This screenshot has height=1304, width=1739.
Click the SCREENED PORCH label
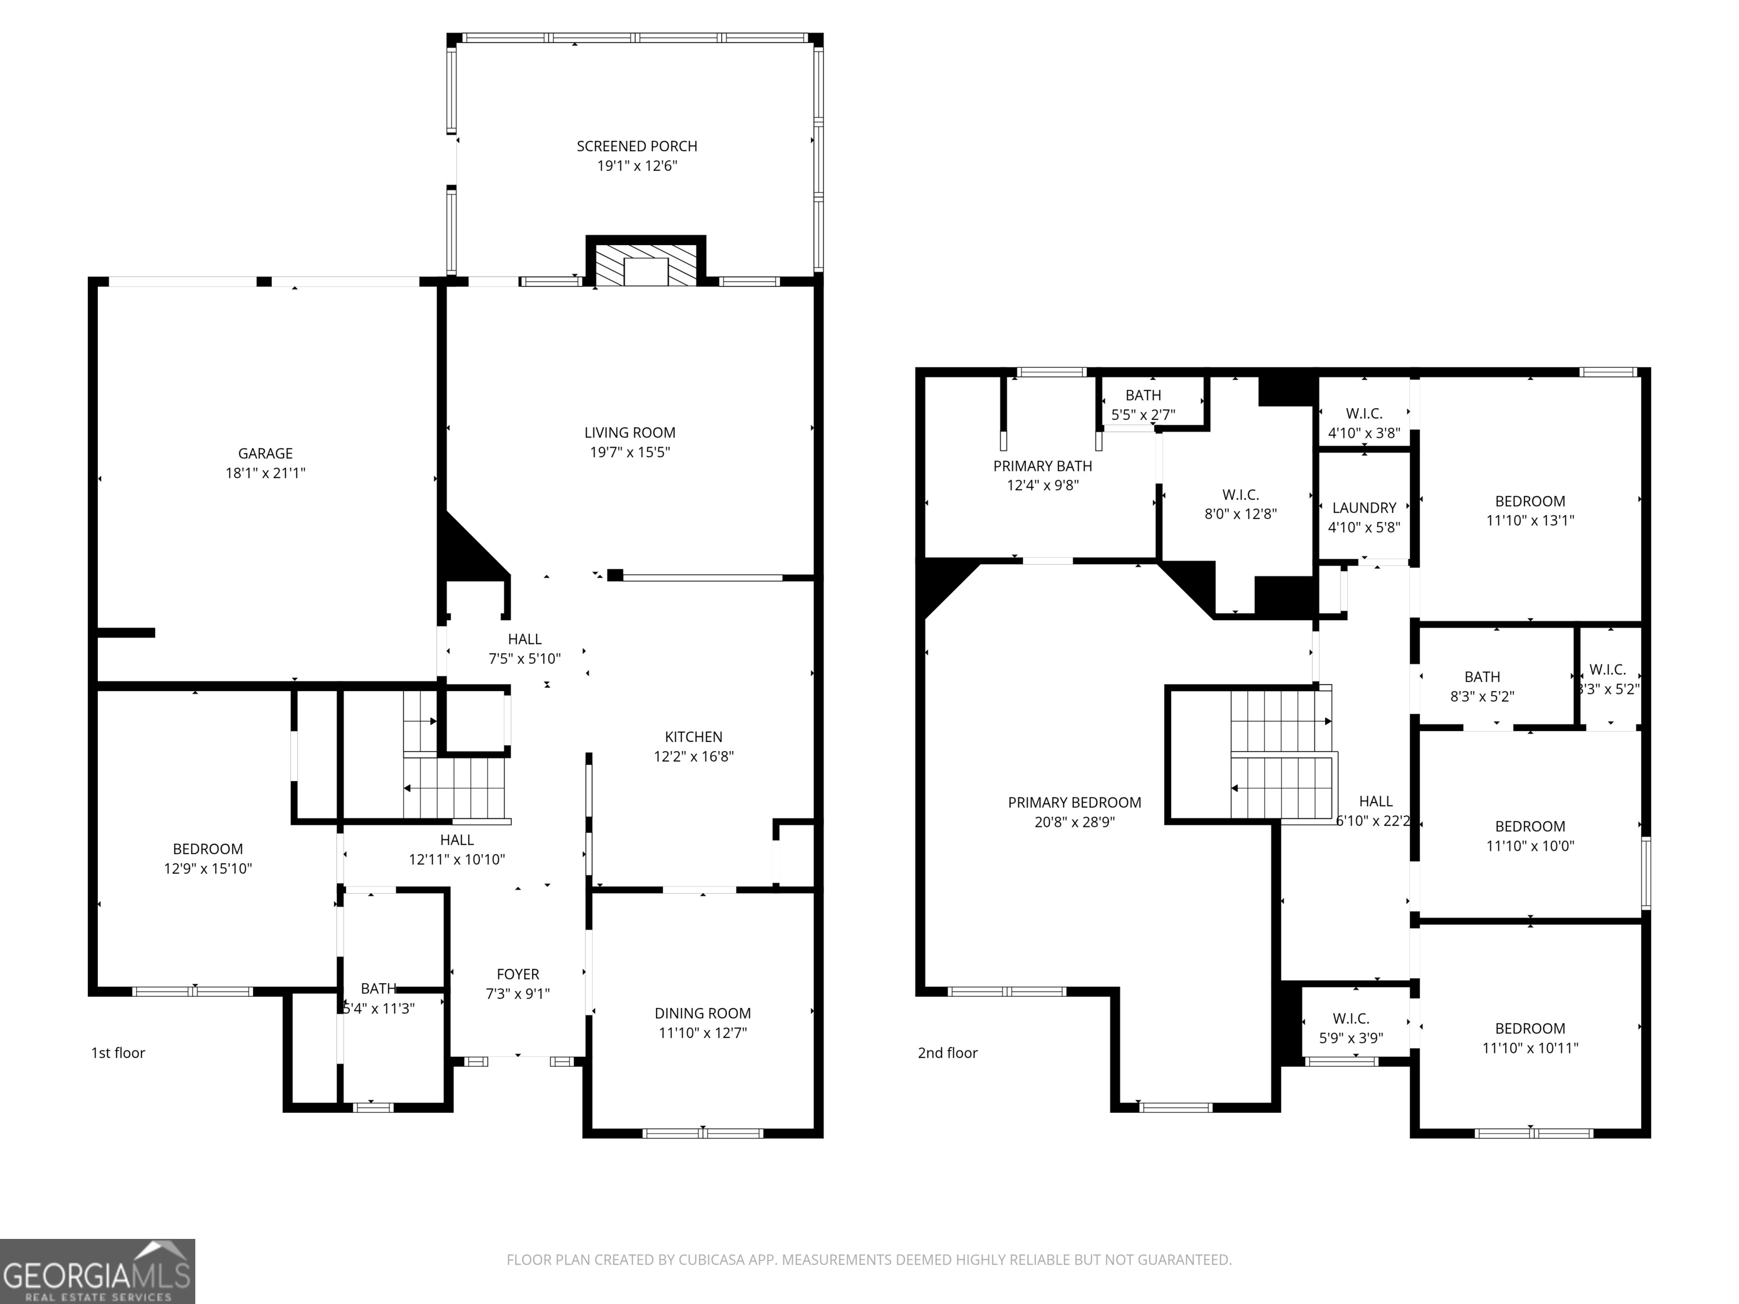point(636,146)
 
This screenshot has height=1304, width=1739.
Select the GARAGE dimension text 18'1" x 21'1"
point(265,473)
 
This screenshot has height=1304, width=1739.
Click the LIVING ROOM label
point(629,432)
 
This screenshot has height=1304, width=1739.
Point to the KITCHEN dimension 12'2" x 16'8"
point(693,756)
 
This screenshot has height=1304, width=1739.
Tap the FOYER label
point(517,974)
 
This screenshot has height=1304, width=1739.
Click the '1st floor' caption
point(118,1053)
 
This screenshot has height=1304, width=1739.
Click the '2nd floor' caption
point(947,1053)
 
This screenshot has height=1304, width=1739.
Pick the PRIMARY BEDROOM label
point(1074,803)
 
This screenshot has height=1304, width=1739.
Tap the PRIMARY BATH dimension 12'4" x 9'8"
point(1043,486)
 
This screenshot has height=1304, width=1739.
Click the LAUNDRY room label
point(1364,508)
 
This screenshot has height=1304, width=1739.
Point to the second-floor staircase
point(1282,754)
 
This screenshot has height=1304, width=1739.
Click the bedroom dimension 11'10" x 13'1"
point(1530,520)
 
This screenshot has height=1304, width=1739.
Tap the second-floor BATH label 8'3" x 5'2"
point(1482,677)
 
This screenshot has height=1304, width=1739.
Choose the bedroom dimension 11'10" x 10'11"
point(1530,1048)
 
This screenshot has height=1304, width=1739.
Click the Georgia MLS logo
point(97,1271)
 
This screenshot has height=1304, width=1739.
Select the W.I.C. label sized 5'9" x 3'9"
point(1351,1019)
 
